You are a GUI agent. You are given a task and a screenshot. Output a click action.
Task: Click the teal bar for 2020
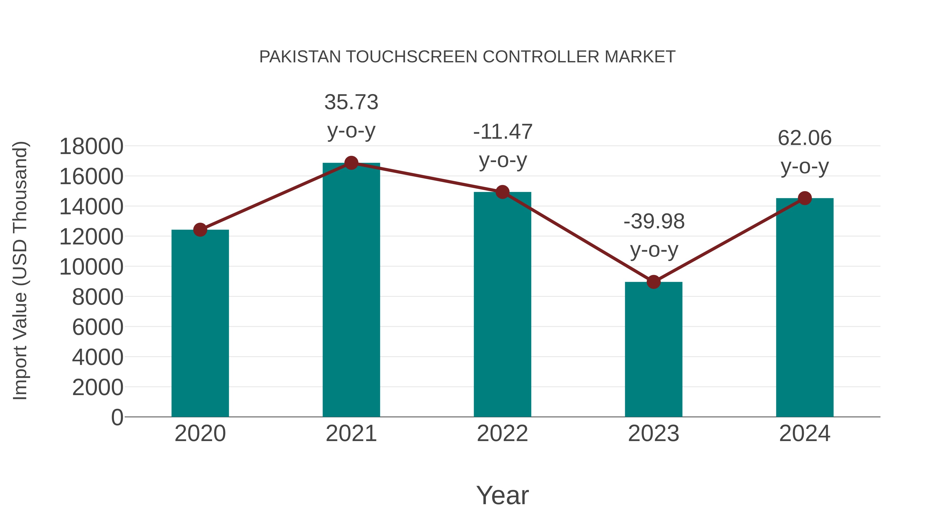(x=200, y=323)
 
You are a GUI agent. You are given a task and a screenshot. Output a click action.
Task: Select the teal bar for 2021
(x=351, y=290)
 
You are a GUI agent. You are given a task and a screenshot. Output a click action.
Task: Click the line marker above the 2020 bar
(x=200, y=230)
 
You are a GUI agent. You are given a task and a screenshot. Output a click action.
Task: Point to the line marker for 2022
(x=502, y=192)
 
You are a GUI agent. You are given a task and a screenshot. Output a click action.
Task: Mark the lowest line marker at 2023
(x=653, y=282)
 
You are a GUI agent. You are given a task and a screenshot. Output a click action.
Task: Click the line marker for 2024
(x=805, y=198)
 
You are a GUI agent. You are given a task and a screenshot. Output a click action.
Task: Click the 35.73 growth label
(x=351, y=102)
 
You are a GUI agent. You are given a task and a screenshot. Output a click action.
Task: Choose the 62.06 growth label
(x=805, y=138)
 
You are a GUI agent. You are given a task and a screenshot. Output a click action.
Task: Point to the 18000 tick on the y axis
(x=91, y=147)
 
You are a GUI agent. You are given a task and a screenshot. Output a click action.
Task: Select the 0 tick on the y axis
(x=117, y=417)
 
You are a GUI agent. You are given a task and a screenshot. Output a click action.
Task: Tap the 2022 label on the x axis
(x=502, y=434)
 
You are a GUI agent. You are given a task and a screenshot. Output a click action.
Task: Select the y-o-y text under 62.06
(x=805, y=167)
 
